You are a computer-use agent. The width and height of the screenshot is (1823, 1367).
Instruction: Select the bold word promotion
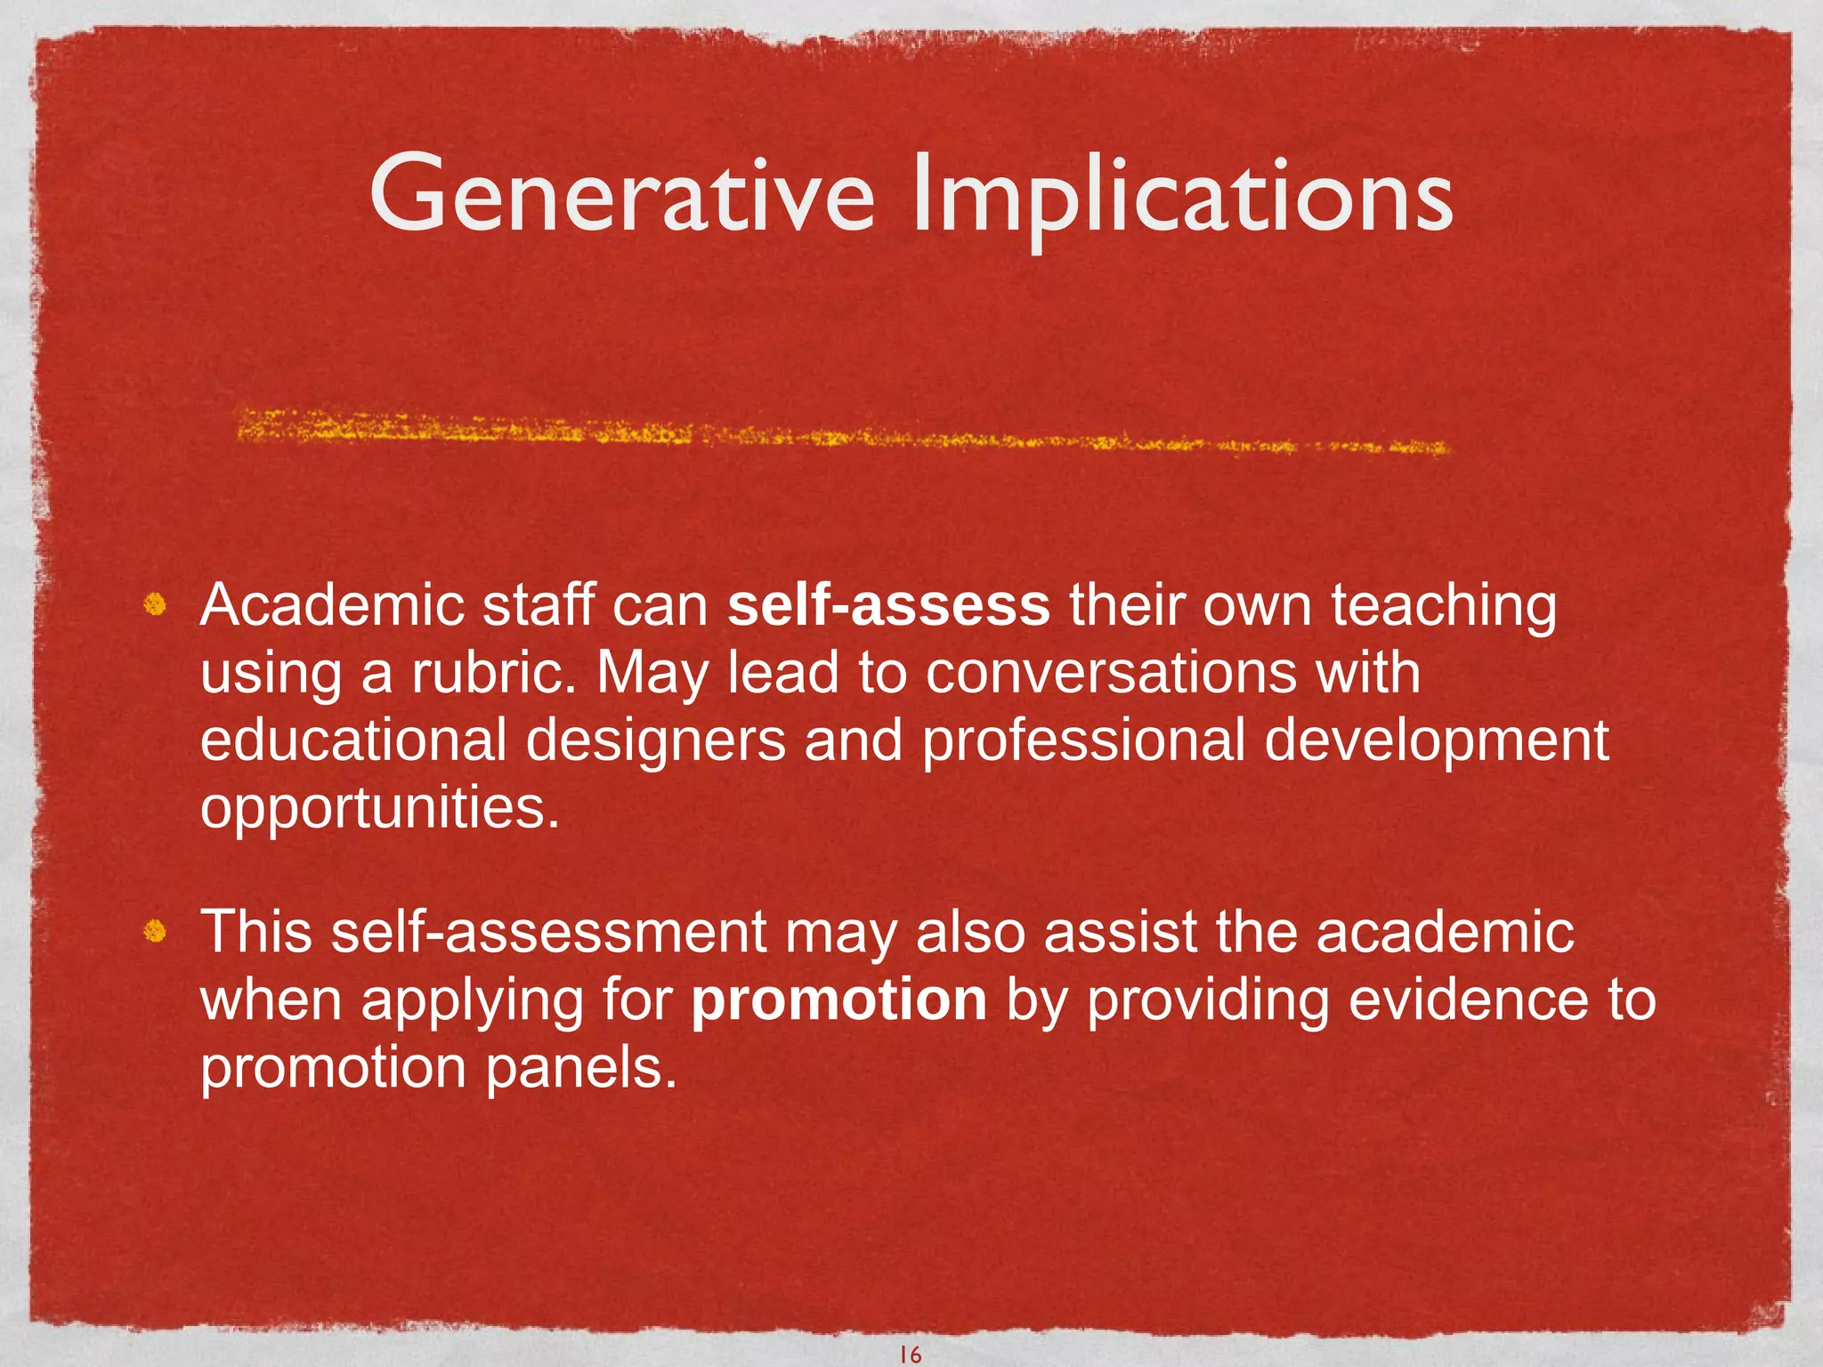pyautogui.click(x=839, y=1000)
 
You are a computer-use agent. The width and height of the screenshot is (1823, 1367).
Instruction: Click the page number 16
pyautogui.click(x=910, y=1355)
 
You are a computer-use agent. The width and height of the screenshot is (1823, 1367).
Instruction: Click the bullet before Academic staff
pyautogui.click(x=155, y=606)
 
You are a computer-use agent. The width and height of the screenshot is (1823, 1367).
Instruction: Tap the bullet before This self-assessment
pyautogui.click(x=155, y=932)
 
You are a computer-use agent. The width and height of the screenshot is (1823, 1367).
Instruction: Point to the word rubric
pyautogui.click(x=491, y=673)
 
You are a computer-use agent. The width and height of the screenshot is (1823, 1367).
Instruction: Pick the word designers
pyautogui.click(x=656, y=740)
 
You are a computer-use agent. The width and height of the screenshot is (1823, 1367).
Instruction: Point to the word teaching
pyautogui.click(x=1444, y=607)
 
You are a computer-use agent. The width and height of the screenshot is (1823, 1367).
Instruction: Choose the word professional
pyautogui.click(x=1082, y=740)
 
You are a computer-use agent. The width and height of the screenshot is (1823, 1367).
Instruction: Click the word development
pyautogui.click(x=1436, y=740)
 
